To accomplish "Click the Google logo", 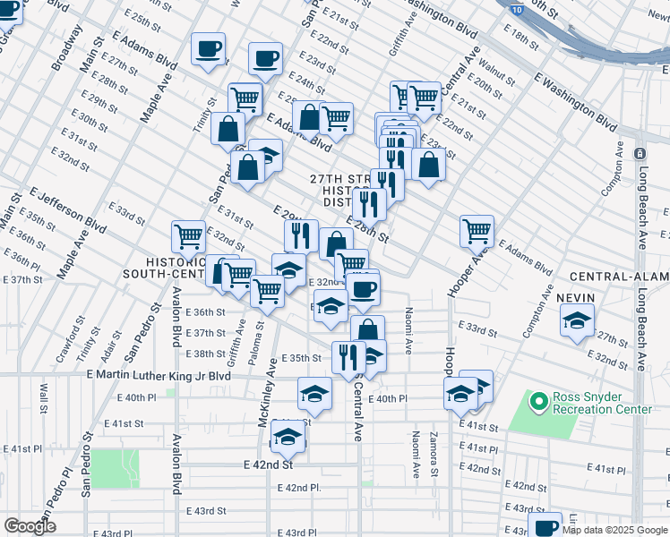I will pos(30,526).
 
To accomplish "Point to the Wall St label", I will pos(42,394).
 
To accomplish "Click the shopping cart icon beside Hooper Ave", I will pos(477,230).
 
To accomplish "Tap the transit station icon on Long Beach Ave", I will pos(639,156).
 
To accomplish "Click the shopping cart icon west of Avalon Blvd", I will pos(189,236).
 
